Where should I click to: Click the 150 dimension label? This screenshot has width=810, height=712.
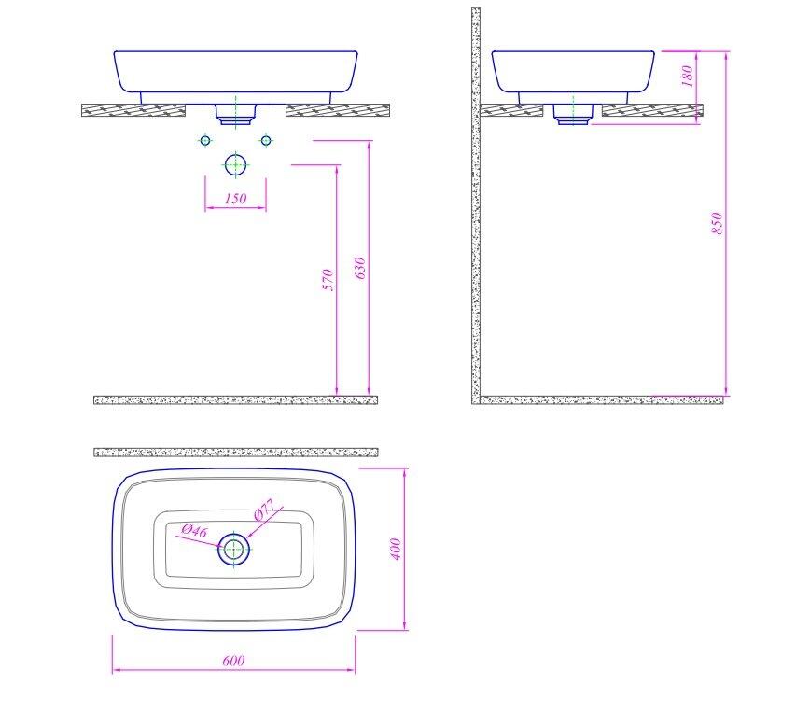click(235, 199)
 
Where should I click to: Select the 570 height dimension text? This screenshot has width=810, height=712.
click(328, 280)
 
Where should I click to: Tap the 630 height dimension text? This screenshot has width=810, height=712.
click(360, 268)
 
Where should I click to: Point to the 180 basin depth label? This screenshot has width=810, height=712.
click(687, 76)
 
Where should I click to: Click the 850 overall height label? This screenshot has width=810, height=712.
click(717, 223)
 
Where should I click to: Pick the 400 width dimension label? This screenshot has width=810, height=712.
click(396, 549)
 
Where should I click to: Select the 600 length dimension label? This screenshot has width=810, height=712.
click(233, 661)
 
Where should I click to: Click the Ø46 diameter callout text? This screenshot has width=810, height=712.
click(195, 531)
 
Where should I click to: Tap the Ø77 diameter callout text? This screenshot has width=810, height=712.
click(266, 509)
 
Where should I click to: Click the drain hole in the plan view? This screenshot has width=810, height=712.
click(234, 550)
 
